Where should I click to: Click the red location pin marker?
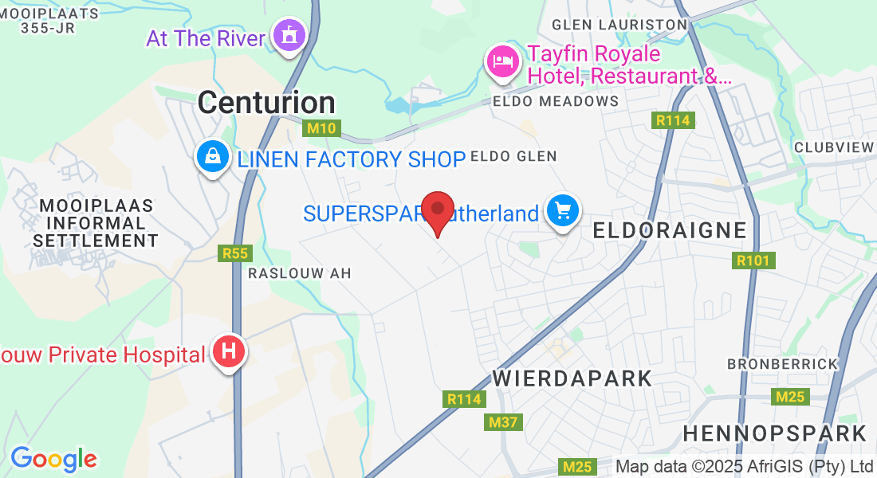438,211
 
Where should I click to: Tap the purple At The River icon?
289,34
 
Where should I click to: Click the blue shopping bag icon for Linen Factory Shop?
213,157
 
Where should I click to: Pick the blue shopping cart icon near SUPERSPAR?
563,211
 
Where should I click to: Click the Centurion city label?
266,102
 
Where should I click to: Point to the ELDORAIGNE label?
671,230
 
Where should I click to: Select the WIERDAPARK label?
573,378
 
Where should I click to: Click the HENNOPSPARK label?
775,433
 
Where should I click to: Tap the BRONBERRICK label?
782,364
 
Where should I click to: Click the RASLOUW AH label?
299,273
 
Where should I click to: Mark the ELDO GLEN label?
513,156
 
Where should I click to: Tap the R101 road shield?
753,261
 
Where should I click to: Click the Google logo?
53,459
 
